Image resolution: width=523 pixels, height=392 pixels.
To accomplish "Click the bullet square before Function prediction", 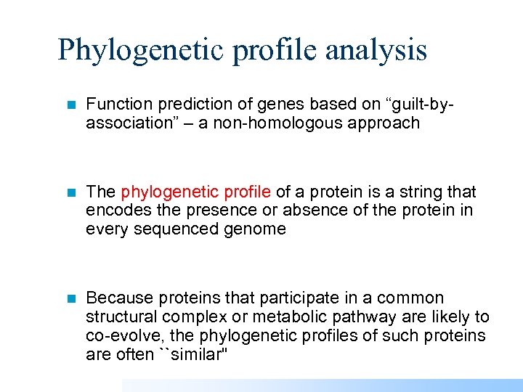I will click(70, 105).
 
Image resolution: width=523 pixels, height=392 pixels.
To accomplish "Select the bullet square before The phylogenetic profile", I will click(70, 192).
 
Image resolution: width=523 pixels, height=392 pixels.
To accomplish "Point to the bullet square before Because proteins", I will click(70, 298).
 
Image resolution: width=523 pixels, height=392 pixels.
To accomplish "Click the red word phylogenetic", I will click(170, 192).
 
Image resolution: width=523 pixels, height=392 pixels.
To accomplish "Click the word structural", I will click(121, 317).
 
